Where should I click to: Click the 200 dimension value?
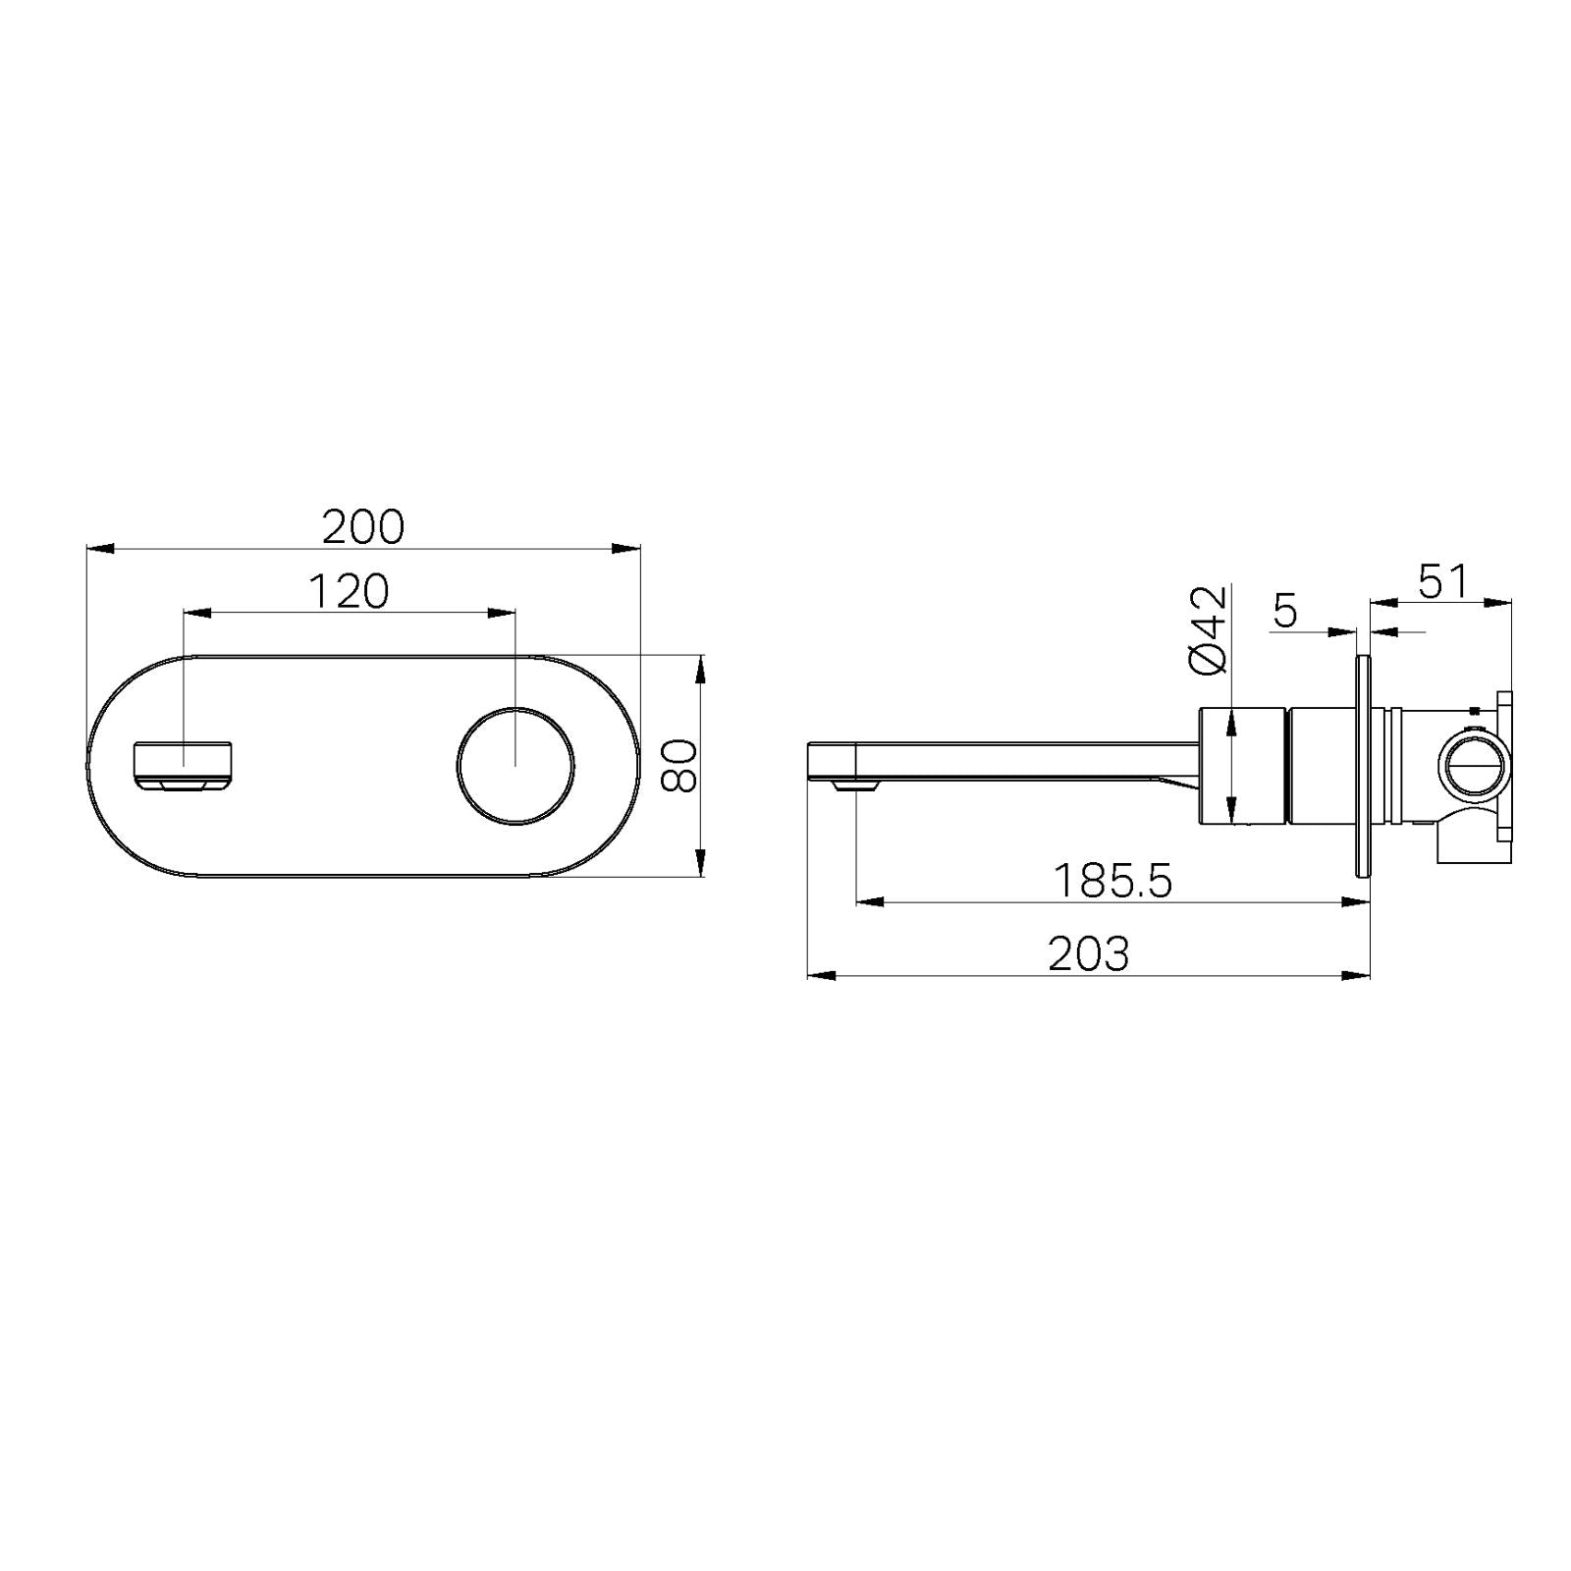[363, 527]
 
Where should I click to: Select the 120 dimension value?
[349, 591]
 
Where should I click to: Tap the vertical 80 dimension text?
[679, 766]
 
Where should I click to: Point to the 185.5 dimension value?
[1112, 881]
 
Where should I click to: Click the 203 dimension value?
[1088, 953]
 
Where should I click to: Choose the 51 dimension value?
[1442, 581]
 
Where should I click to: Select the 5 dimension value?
[1285, 612]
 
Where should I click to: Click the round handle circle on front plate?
[515, 765]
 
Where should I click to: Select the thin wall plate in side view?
[1362, 766]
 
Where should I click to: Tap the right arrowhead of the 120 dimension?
[503, 614]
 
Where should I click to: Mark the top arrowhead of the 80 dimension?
[700, 668]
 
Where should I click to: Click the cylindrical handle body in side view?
[1241, 766]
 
